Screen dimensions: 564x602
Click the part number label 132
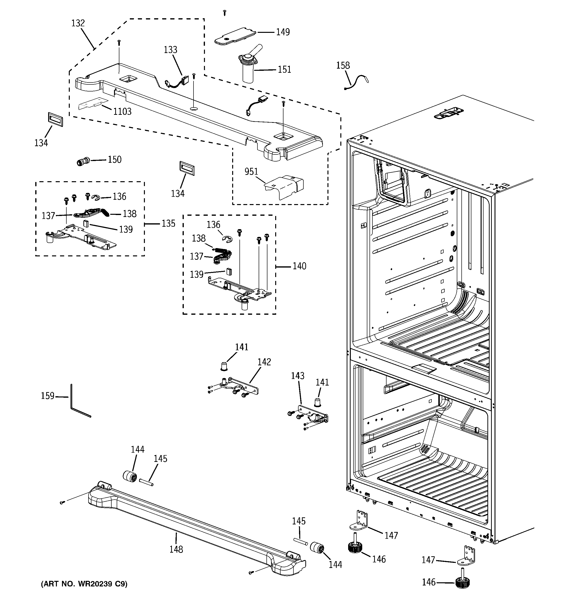tap(78, 23)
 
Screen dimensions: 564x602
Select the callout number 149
tap(283, 32)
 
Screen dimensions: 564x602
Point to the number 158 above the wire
tap(343, 65)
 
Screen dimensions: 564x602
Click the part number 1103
tap(122, 111)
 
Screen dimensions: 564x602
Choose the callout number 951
tap(251, 172)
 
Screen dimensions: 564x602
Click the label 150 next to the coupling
tap(115, 160)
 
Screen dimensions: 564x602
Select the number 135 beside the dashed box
tap(168, 224)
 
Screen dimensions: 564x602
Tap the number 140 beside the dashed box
tap(300, 266)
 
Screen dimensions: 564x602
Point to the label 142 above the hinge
tap(264, 362)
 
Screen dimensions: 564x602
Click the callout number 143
tap(298, 376)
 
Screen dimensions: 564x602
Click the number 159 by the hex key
tap(48, 396)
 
